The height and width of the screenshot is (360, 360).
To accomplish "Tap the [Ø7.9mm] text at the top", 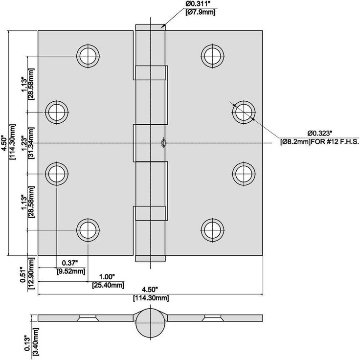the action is (x=201, y=12).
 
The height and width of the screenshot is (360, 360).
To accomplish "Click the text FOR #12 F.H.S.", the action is (x=335, y=141).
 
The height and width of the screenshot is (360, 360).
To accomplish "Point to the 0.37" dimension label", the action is (x=70, y=263).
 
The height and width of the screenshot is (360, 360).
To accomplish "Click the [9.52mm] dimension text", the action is (x=71, y=271).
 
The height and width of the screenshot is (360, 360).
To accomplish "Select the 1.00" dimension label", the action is (x=107, y=277).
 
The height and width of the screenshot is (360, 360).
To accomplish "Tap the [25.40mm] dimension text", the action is (x=108, y=285).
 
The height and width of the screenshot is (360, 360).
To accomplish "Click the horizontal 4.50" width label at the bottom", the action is (x=150, y=289).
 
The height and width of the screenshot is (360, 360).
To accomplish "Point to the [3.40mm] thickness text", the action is (x=36, y=342).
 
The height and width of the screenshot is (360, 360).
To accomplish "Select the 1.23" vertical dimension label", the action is (x=24, y=143).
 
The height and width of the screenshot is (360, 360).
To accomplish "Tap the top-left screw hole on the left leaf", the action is (x=88, y=56).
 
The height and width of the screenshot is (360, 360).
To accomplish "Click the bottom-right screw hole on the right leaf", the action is (x=212, y=230).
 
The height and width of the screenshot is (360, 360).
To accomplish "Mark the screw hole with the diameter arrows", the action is (x=244, y=112).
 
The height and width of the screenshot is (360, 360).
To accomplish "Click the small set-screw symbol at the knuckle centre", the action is (x=163, y=143).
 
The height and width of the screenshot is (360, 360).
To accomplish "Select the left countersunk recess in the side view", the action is (x=88, y=318).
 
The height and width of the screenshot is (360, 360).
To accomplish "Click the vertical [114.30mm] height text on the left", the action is (x=13, y=142).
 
